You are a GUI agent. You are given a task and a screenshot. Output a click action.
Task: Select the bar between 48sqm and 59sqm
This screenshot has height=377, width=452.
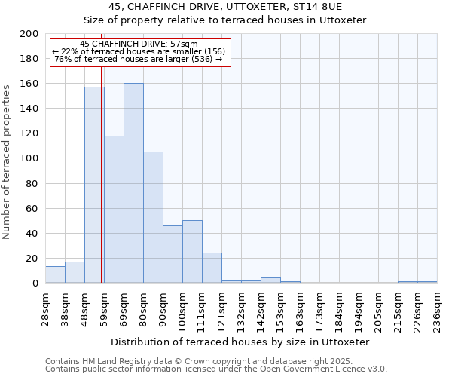pyautogui.click(x=94, y=185)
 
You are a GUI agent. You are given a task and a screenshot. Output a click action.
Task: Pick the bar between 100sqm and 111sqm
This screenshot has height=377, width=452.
pyautogui.click(x=192, y=252)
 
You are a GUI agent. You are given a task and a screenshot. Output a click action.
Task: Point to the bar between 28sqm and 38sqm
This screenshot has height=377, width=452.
pyautogui.click(x=55, y=274)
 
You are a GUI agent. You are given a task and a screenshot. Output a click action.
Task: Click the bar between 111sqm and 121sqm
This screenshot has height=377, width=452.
pyautogui.click(x=212, y=268)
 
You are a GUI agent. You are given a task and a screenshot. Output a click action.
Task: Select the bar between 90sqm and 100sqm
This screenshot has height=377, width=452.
pyautogui.click(x=173, y=254)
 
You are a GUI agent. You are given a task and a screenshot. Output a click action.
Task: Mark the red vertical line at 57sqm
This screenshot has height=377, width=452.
pyautogui.click(x=101, y=151)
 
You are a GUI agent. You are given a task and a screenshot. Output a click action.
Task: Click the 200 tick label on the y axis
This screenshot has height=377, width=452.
pyautogui.click(x=29, y=34)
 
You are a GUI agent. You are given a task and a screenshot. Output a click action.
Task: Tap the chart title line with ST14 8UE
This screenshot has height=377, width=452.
pyautogui.click(x=225, y=6)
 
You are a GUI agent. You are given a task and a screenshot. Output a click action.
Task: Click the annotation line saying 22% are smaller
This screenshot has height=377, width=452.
pyautogui.click(x=139, y=51)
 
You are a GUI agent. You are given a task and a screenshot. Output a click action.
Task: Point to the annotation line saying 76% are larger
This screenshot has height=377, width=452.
pyautogui.click(x=139, y=59)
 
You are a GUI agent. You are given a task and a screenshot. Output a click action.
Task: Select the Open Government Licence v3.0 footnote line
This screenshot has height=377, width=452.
pyautogui.click(x=216, y=369)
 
